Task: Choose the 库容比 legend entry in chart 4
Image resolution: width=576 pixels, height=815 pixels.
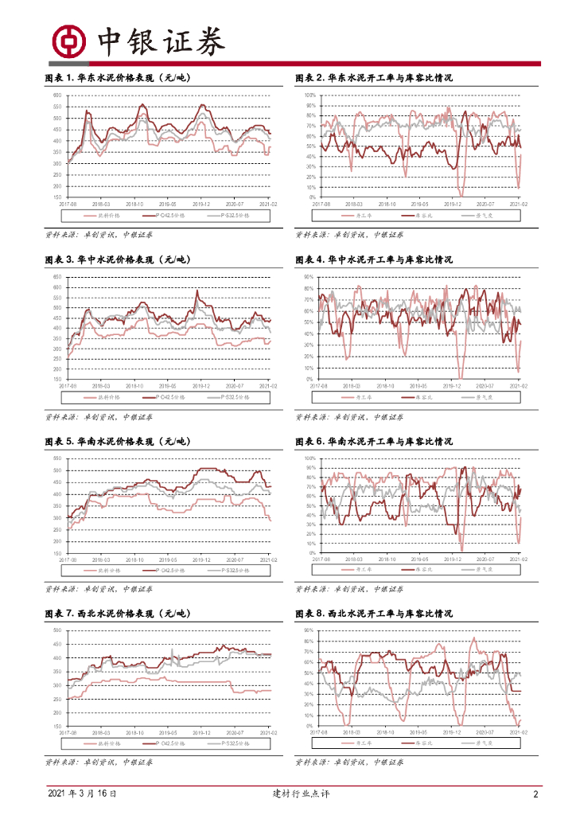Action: (425, 396)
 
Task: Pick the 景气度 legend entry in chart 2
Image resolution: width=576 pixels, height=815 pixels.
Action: (485, 216)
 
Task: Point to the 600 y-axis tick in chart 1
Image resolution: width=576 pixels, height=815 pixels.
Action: (56, 96)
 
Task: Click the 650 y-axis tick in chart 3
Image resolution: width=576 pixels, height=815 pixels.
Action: (56, 277)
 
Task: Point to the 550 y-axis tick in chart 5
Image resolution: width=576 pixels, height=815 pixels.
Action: (56, 458)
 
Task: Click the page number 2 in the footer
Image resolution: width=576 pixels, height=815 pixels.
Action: (535, 794)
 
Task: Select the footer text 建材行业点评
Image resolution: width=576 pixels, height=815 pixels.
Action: (289, 794)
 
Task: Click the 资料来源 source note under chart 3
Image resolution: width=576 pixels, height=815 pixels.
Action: (99, 417)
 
